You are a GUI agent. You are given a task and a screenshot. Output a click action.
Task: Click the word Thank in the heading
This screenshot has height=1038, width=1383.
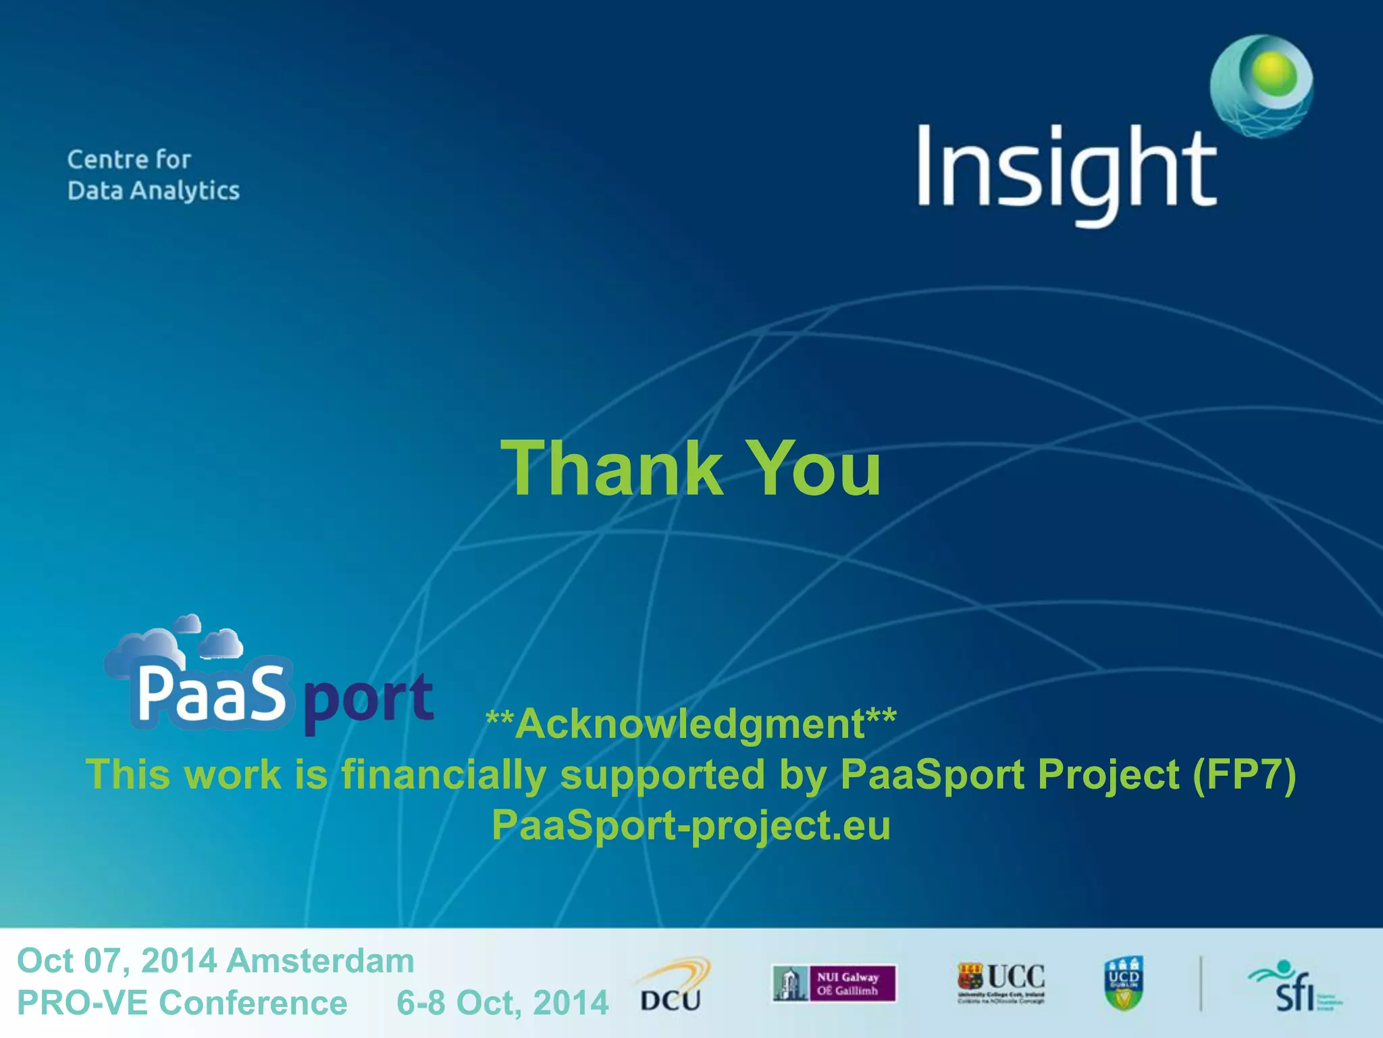612,468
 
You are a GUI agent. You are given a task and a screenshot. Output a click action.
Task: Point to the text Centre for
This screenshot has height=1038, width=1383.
129,159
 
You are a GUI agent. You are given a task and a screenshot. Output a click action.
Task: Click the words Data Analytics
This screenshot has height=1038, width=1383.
153,191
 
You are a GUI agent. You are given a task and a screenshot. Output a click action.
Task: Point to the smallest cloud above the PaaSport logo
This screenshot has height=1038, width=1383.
188,622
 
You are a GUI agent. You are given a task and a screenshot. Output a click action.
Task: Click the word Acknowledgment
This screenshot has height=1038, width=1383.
690,724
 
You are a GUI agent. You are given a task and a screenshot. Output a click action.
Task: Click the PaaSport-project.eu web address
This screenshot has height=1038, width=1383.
690,825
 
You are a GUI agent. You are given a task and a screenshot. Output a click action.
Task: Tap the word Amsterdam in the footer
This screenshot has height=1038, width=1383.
320,960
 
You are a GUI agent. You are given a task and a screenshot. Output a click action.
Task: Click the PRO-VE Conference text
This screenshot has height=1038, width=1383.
182,1002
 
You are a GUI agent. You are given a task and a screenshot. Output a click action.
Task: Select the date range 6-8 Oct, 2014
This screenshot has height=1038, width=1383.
502,1002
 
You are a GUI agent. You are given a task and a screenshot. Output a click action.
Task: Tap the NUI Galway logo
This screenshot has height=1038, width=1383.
834,983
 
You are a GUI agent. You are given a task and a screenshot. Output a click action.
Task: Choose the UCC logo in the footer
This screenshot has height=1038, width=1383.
1001,982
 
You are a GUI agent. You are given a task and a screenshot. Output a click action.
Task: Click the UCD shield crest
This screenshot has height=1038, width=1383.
1123,983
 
